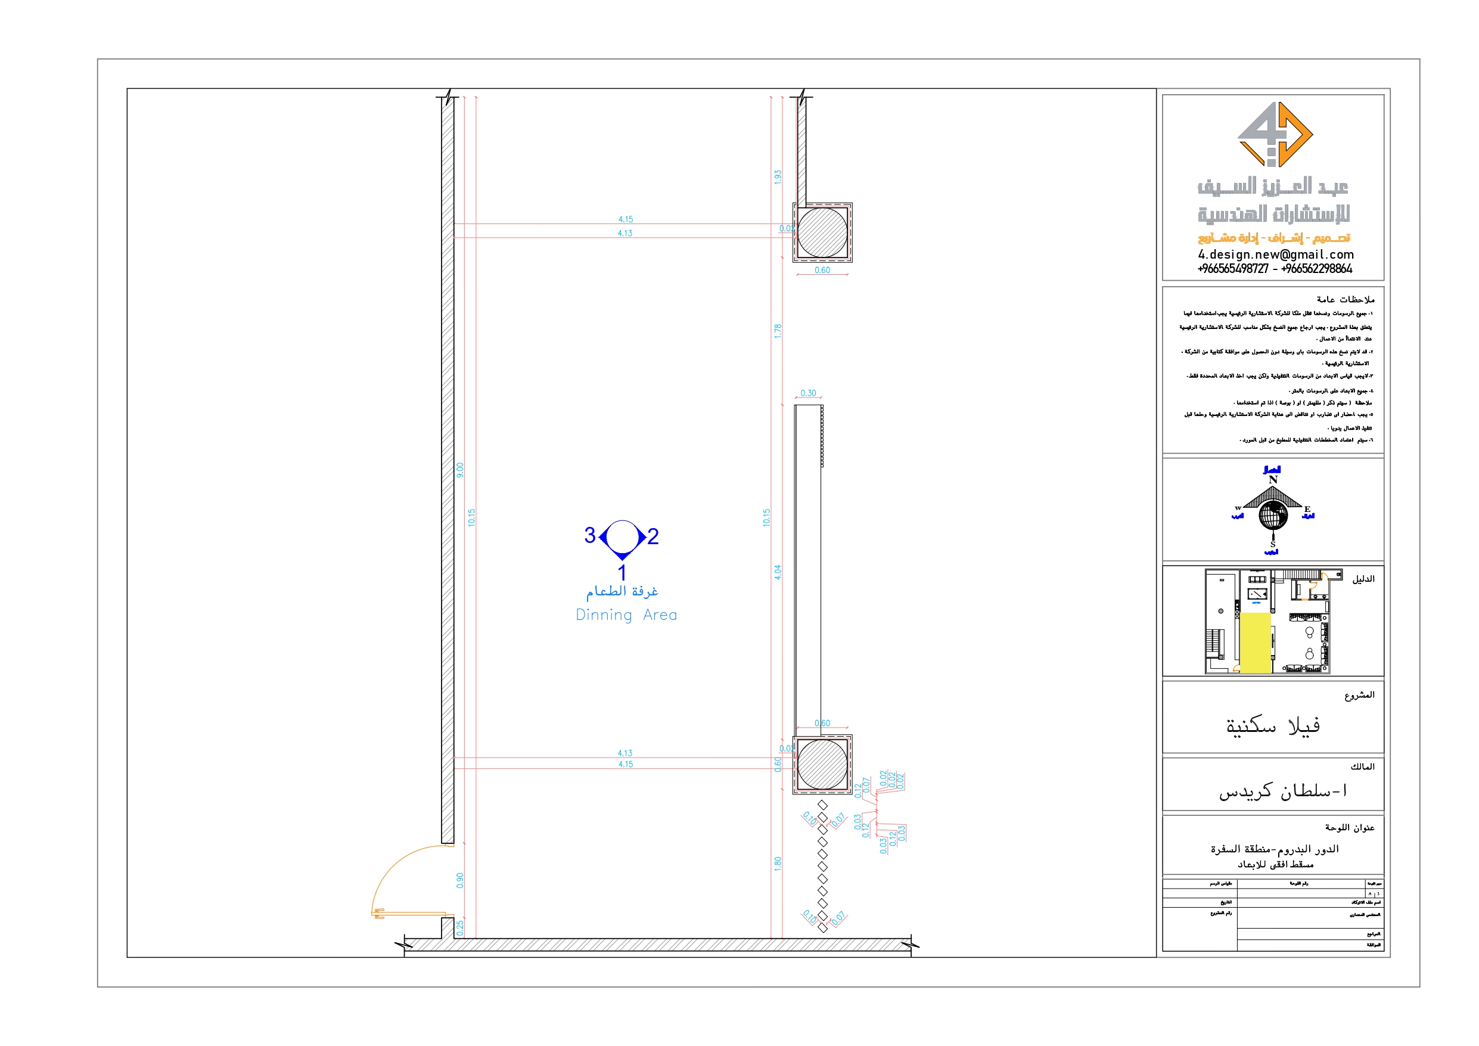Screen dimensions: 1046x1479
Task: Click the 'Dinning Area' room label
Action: click(626, 615)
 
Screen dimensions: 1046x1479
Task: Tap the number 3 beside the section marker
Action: click(589, 536)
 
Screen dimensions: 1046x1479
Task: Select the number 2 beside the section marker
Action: click(652, 536)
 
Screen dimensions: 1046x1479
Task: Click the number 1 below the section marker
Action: click(622, 572)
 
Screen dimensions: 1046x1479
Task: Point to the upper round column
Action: click(822, 232)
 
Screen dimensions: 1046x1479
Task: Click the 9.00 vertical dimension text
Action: click(460, 470)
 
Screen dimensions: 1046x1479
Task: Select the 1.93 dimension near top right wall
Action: click(778, 177)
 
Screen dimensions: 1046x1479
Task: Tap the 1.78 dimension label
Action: click(778, 331)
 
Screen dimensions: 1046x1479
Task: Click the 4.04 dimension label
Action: click(778, 572)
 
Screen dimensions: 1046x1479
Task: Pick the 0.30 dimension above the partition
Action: click(808, 393)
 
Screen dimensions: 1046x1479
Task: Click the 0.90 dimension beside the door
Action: click(460, 880)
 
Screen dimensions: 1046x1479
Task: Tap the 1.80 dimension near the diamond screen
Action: click(778, 864)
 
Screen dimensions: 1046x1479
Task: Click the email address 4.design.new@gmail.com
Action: click(1275, 254)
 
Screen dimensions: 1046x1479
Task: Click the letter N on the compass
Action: click(1273, 480)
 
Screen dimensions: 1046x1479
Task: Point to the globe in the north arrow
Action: click(1273, 515)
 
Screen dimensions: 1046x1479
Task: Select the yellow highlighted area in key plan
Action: click(1255, 643)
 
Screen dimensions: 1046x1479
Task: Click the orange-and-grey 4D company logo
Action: click(1275, 134)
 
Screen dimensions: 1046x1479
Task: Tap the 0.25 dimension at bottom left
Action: click(460, 928)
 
